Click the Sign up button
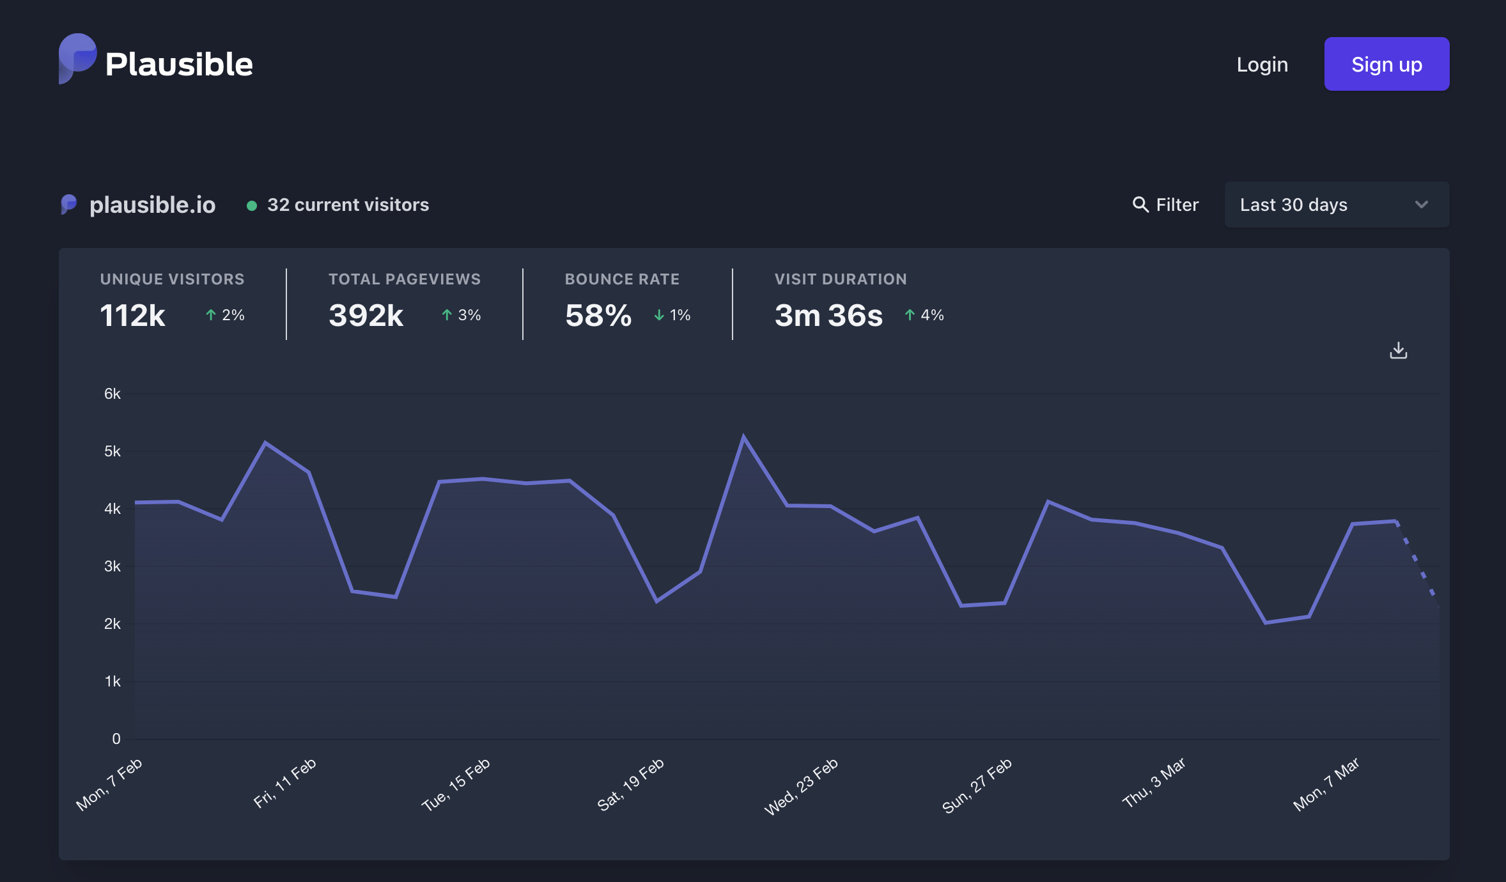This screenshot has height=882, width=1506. (1386, 64)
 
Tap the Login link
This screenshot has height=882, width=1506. (1262, 65)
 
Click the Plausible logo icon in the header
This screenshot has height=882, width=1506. (77, 58)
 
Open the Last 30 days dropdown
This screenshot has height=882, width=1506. (1337, 205)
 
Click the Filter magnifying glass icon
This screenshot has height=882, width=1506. (1140, 204)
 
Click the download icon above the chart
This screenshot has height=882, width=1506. (1399, 350)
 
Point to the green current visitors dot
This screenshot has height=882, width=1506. (252, 205)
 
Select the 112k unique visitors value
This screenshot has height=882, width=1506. (132, 315)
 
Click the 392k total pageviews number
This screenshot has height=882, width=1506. (366, 315)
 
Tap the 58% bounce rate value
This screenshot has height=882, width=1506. (598, 315)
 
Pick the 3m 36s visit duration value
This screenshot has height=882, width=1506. (828, 315)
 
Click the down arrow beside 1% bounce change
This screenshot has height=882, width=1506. (659, 315)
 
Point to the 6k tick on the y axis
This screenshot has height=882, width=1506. (113, 394)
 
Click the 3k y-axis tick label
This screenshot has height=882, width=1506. (113, 566)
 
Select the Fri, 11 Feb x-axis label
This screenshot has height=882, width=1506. (284, 783)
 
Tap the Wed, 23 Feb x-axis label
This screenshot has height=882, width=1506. (801, 786)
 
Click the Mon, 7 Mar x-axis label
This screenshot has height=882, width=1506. (1326, 784)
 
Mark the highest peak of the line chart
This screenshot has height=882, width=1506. (743, 437)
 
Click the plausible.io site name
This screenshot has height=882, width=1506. (152, 205)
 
